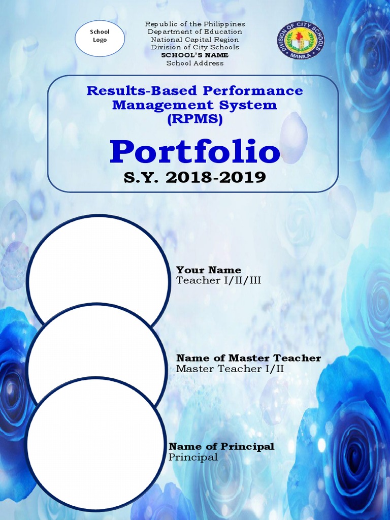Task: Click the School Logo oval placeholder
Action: (x=100, y=38)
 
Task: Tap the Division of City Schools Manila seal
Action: (x=301, y=40)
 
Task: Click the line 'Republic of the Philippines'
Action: (x=195, y=24)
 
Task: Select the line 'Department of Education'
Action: (x=195, y=32)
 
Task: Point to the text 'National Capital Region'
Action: (x=195, y=40)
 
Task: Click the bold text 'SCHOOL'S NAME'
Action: (x=195, y=55)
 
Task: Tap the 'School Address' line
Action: (x=195, y=63)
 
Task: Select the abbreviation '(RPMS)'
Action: (x=194, y=120)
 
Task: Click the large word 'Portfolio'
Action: (x=195, y=151)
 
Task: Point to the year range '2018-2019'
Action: (x=222, y=178)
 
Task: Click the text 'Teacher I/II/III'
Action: (x=218, y=280)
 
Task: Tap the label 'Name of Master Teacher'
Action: (x=248, y=358)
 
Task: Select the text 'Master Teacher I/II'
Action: (x=230, y=369)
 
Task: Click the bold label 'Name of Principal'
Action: (x=221, y=446)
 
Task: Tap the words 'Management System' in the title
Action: (x=194, y=105)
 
